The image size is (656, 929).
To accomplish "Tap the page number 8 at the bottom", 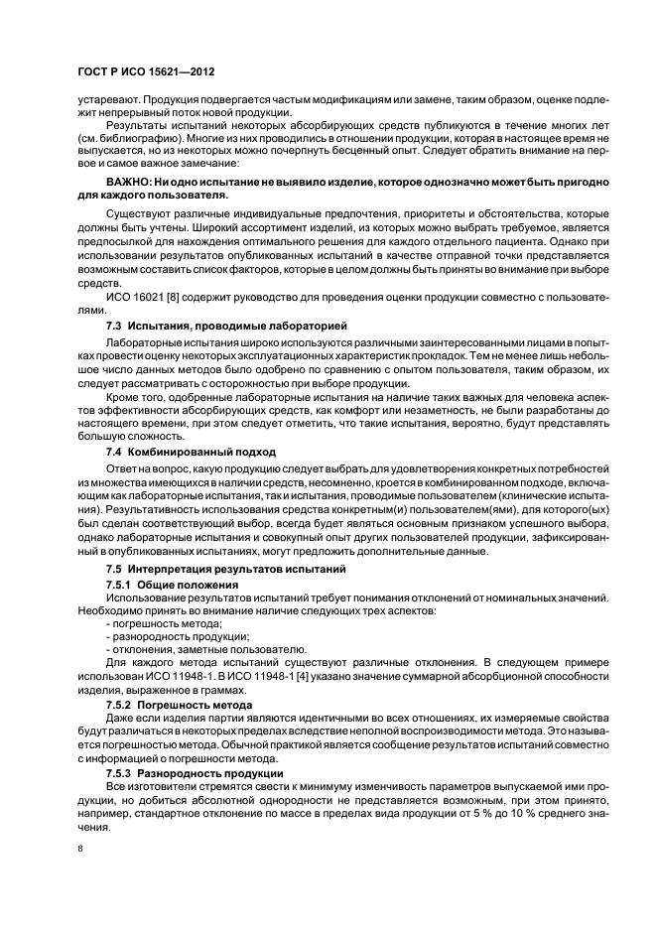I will click(78, 849).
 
